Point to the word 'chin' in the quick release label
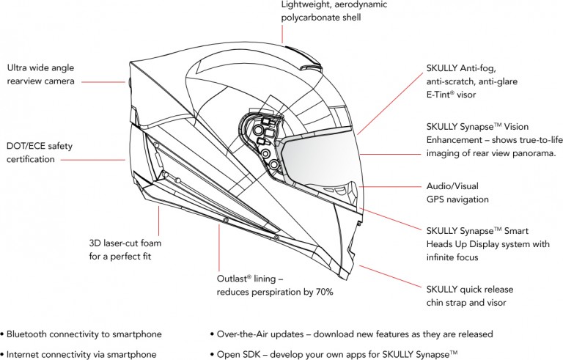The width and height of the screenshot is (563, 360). pos(438,303)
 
